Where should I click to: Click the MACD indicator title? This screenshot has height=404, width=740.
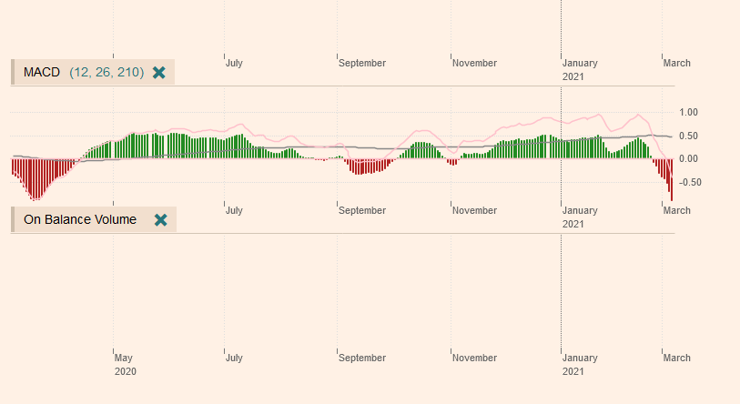pyautogui.click(x=42, y=72)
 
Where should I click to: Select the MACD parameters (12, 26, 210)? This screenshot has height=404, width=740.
pyautogui.click(x=106, y=72)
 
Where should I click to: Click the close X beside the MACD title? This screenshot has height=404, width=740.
pyautogui.click(x=159, y=72)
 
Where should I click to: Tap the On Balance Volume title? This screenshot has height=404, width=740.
pyautogui.click(x=79, y=219)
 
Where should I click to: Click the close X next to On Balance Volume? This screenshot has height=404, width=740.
pyautogui.click(x=161, y=219)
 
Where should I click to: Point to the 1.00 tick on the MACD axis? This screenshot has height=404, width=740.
pyautogui.click(x=688, y=112)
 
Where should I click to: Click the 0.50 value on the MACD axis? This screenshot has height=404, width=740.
pyautogui.click(x=688, y=136)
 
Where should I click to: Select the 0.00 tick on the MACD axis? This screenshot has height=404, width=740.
pyautogui.click(x=688, y=158)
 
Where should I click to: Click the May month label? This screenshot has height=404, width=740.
pyautogui.click(x=125, y=358)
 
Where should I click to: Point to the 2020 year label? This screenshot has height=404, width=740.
pyautogui.click(x=126, y=371)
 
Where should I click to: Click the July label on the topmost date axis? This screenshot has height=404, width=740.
pyautogui.click(x=234, y=64)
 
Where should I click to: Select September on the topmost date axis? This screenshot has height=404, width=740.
pyautogui.click(x=362, y=64)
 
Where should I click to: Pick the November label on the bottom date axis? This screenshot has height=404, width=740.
pyautogui.click(x=474, y=358)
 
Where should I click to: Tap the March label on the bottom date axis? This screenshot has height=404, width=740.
pyautogui.click(x=676, y=358)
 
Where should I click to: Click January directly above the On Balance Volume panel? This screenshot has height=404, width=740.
pyautogui.click(x=580, y=210)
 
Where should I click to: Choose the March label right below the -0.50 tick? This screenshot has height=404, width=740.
pyautogui.click(x=676, y=210)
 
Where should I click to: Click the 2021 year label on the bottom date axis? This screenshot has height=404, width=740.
pyautogui.click(x=573, y=371)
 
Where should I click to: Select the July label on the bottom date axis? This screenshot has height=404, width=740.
pyautogui.click(x=234, y=358)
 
